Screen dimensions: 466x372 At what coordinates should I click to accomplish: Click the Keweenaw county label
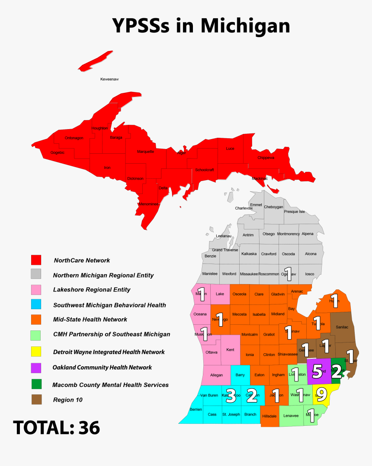tap(109, 79)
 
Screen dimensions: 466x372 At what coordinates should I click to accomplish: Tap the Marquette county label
tap(145, 152)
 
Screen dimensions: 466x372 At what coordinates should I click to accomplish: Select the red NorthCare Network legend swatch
tap(36, 260)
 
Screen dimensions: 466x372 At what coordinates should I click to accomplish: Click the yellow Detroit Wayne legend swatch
tap(36, 352)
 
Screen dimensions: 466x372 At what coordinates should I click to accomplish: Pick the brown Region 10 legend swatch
tap(36, 399)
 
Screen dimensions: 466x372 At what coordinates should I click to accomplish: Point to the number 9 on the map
tap(321, 394)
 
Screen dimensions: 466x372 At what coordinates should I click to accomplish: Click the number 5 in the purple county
tap(317, 371)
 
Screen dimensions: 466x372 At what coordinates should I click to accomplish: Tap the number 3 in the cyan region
tap(231, 396)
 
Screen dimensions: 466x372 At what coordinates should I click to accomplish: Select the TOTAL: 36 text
tap(57, 428)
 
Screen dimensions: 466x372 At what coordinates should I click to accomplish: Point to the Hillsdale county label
tap(269, 416)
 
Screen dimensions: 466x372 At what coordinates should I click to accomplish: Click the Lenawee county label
tap(291, 416)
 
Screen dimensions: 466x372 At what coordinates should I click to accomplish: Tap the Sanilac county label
tap(341, 327)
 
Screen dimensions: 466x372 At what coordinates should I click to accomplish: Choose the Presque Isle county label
tap(294, 212)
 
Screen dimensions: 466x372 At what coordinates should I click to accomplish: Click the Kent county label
tap(231, 349)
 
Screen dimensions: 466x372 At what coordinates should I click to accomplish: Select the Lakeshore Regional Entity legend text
tap(92, 290)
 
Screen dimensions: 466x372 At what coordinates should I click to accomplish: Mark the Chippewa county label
tap(266, 158)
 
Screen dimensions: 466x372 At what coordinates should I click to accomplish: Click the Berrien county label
tap(196, 409)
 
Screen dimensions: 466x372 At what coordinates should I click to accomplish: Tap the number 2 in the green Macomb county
tap(337, 373)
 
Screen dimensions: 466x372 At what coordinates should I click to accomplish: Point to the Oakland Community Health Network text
tap(102, 368)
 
